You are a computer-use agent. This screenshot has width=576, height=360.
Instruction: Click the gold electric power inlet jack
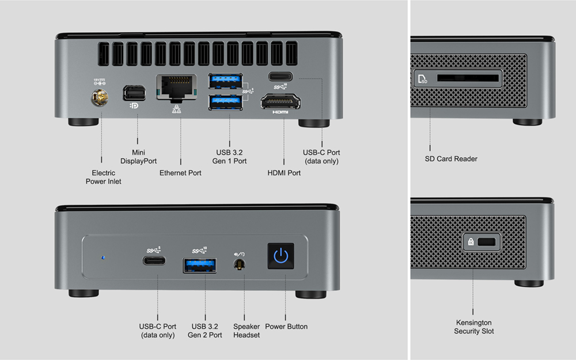tap(101, 99)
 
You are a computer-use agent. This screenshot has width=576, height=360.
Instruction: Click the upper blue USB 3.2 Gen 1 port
tap(225, 79)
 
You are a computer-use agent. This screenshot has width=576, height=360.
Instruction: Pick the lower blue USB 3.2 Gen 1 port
tap(225, 102)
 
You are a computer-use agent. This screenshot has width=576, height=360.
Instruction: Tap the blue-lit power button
tap(281, 256)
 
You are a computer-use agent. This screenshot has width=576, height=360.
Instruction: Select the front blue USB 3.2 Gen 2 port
tap(200, 265)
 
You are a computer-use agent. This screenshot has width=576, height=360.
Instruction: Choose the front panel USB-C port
tap(154, 260)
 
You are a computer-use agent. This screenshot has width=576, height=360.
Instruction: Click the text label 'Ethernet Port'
tap(180, 173)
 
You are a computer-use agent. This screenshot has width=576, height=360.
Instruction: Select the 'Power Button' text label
tap(286, 327)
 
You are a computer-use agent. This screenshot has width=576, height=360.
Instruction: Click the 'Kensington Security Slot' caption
tap(473, 327)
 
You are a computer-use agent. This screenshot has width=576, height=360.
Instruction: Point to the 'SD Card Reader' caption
tap(450, 159)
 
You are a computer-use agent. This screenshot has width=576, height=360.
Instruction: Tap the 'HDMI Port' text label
tap(284, 173)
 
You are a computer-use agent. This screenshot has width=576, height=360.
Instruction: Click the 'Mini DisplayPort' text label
tap(138, 157)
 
